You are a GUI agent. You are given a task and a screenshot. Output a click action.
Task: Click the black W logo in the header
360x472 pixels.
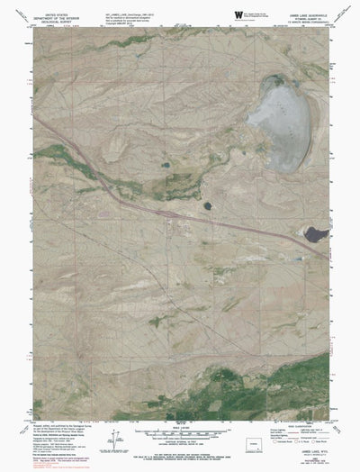tap(238, 15)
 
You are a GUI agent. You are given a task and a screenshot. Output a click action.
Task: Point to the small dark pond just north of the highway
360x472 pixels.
tap(207, 205)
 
